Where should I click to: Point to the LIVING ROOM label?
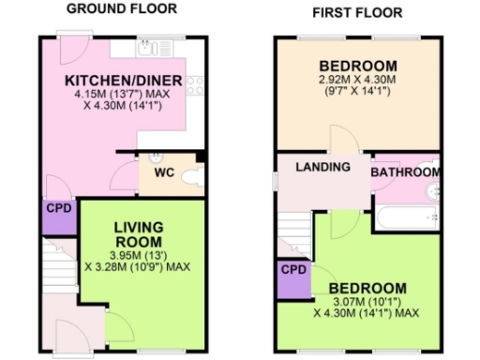click(139, 233)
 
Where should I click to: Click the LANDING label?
click(322, 167)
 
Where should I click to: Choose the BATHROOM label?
click(405, 172)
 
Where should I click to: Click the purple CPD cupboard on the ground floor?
click(58, 217)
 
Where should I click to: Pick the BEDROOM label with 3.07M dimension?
click(367, 288)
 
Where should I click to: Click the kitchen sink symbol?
click(150, 45)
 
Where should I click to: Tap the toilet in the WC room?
click(192, 175)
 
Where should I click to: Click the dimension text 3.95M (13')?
click(138, 253)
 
